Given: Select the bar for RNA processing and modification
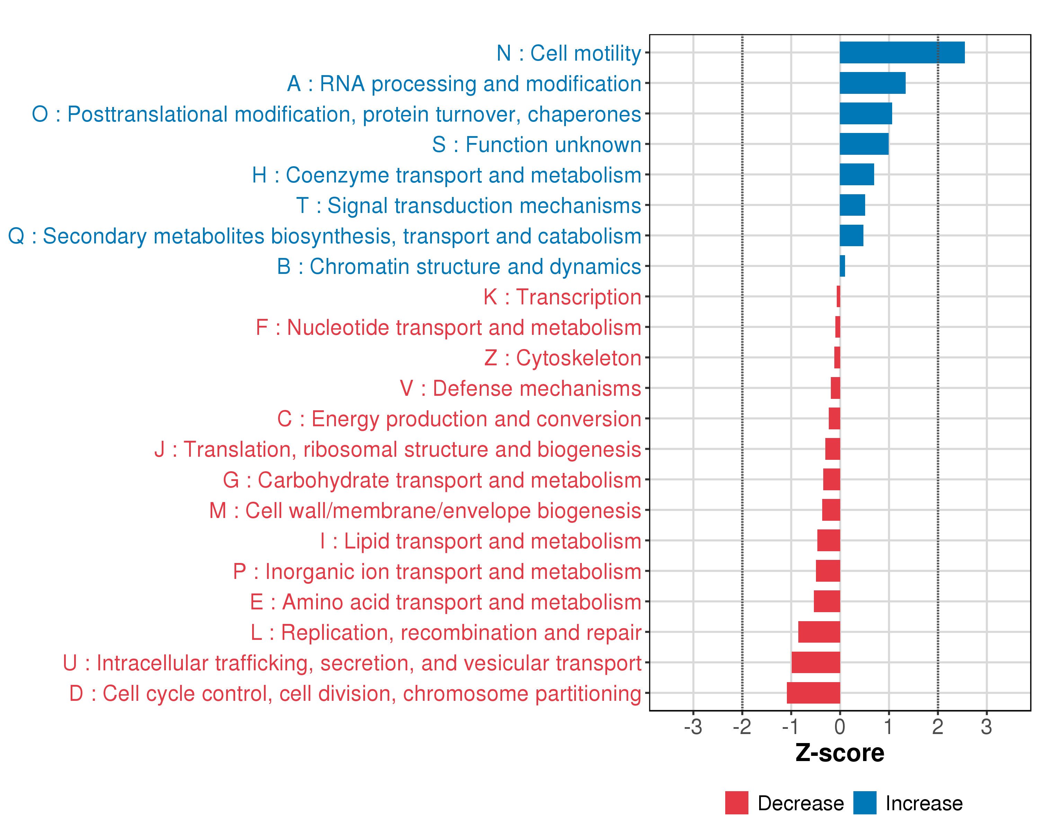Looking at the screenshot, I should (x=872, y=83).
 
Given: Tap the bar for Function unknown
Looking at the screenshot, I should (x=864, y=144).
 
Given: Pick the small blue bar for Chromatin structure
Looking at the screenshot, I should (x=842, y=266).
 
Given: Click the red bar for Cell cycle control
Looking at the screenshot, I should (x=814, y=693).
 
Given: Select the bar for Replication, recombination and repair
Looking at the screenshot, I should (x=819, y=632).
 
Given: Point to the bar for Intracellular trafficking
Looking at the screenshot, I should (x=816, y=662).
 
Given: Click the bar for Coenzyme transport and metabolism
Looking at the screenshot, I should (x=857, y=175).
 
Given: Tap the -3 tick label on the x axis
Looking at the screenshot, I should (x=693, y=727).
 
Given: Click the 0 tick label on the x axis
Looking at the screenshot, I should (x=840, y=727).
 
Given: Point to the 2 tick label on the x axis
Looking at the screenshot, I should (x=937, y=727).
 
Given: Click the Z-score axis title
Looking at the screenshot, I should (x=840, y=753).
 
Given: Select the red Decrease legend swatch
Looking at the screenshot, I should (x=736, y=803).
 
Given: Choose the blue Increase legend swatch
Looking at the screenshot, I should (x=864, y=803).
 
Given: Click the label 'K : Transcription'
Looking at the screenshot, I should (x=562, y=297).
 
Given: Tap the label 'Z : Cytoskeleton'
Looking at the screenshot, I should (x=562, y=358).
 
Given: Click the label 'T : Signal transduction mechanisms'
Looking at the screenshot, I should (x=469, y=206).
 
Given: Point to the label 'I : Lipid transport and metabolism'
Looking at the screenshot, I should (x=480, y=541).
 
